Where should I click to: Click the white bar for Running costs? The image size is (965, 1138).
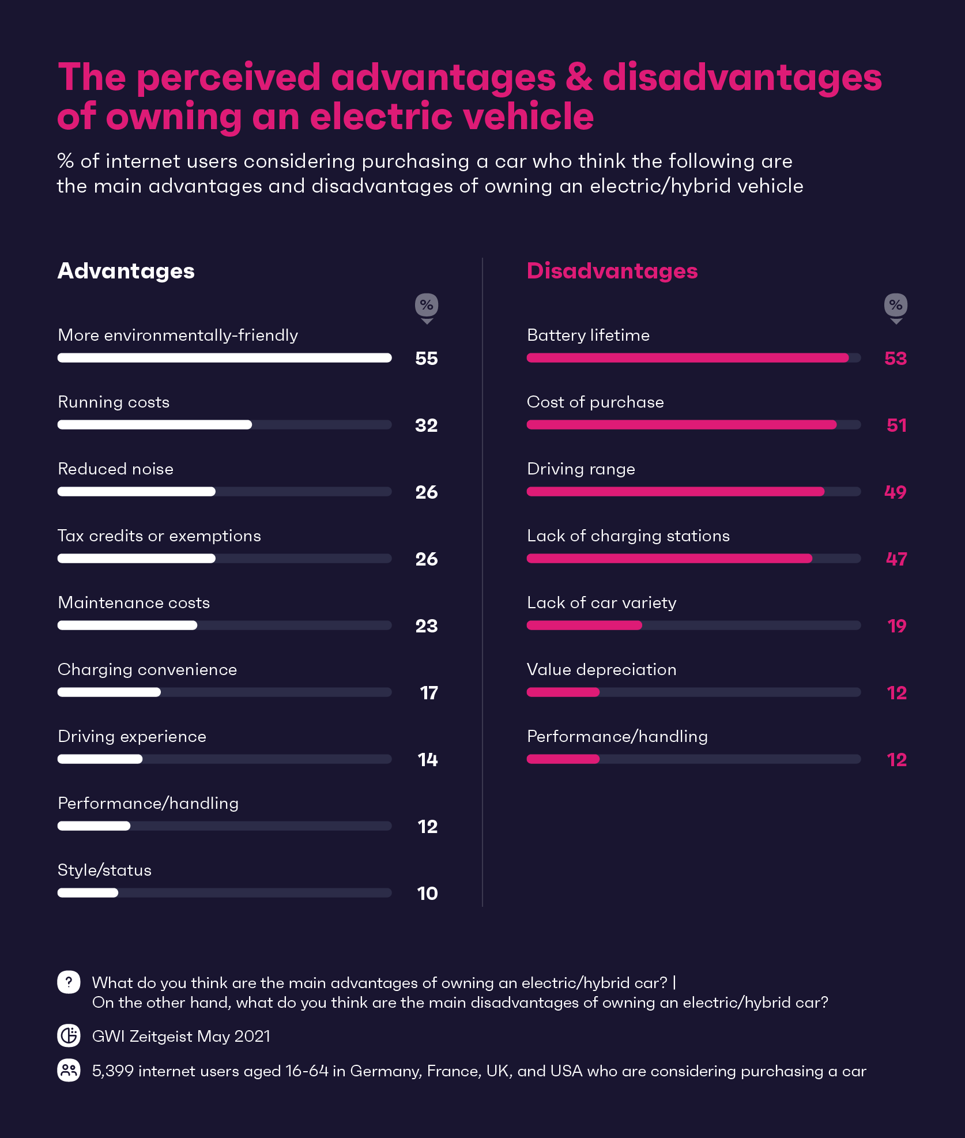click(x=154, y=425)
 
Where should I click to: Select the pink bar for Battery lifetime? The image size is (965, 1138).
click(x=688, y=358)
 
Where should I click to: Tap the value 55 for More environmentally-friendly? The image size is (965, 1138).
click(x=427, y=359)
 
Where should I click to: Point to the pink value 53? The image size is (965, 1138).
click(x=896, y=359)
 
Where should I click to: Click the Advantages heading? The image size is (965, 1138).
click(x=126, y=271)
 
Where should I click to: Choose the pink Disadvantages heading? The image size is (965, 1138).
click(x=612, y=271)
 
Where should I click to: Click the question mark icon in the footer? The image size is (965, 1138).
click(x=69, y=982)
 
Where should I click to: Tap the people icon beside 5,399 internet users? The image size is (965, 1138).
click(x=69, y=1071)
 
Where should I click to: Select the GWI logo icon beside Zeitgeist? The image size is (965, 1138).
click(x=69, y=1036)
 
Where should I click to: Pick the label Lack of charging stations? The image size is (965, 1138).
click(x=628, y=536)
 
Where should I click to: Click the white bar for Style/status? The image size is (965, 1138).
click(x=88, y=893)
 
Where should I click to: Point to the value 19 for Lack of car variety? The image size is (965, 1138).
click(x=897, y=626)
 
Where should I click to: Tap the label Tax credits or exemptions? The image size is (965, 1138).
click(x=159, y=536)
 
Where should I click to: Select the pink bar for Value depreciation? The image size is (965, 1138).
click(x=563, y=692)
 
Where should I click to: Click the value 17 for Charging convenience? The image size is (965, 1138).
click(x=429, y=693)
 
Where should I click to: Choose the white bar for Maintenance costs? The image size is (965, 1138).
click(x=127, y=625)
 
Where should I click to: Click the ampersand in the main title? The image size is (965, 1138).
click(x=579, y=78)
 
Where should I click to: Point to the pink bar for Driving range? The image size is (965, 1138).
click(x=676, y=492)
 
